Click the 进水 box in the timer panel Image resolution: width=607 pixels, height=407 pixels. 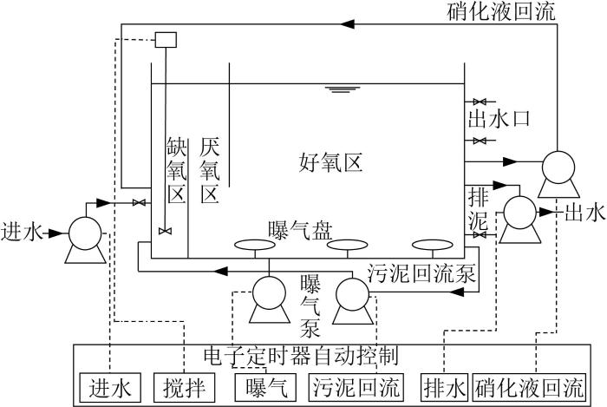110,387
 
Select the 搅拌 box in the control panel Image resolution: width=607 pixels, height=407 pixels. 184,387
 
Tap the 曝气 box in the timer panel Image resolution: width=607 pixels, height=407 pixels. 266,387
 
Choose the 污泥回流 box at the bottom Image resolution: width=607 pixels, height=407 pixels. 356,387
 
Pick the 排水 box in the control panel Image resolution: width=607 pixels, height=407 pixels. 444,387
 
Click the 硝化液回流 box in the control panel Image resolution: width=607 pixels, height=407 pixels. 528,387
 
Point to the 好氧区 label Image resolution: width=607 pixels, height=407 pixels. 331,162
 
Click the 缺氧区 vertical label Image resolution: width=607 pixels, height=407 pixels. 177,170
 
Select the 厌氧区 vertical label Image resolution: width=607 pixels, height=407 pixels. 210,170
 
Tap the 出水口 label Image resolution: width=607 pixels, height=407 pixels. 499,119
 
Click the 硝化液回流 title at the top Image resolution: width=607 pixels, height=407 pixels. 501,10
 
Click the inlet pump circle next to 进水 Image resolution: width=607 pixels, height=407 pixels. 85,233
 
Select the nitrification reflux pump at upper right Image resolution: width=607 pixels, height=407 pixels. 558,167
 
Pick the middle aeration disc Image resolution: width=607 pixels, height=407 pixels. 347,245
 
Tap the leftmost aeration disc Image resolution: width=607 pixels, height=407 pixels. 255,245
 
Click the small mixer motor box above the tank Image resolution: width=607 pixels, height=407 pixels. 166,40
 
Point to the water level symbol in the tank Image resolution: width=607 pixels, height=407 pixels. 343,90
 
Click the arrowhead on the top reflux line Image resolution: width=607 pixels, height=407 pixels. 347,24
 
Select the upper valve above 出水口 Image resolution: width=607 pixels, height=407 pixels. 480,102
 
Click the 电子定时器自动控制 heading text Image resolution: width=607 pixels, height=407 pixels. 301,355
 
